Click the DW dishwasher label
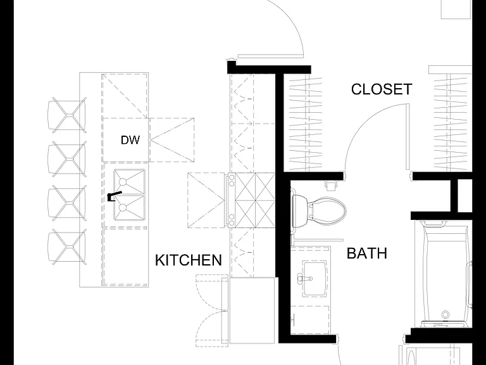tap(130, 140)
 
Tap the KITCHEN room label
tap(189, 260)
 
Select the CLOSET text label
tap(382, 89)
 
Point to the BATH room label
tap(367, 253)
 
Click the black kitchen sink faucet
tap(114, 196)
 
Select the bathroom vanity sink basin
tap(315, 278)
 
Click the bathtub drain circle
tap(445, 314)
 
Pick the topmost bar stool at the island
tap(67, 115)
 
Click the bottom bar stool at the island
tap(67, 247)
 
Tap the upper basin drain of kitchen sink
tap(123, 182)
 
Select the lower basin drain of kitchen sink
tap(123, 207)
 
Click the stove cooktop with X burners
tap(251, 200)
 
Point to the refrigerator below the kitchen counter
tap(252, 311)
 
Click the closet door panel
tap(408, 137)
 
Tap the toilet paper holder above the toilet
tap(331, 185)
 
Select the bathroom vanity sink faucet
tap(304, 278)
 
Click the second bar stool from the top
tap(67, 159)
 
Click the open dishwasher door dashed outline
tap(171, 140)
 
